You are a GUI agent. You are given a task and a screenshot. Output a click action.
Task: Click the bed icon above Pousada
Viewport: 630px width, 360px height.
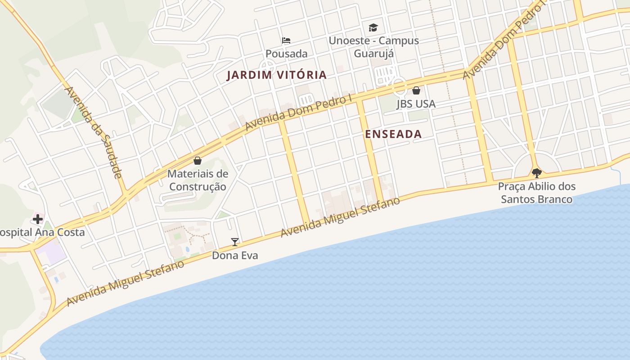[x=286, y=40]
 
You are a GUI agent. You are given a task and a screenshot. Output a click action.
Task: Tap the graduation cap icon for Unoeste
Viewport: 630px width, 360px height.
[x=373, y=28]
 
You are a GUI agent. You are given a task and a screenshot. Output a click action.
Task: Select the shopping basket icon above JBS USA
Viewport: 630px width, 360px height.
[x=416, y=90]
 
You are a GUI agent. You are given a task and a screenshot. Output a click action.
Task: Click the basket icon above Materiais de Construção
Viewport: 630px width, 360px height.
[x=197, y=161]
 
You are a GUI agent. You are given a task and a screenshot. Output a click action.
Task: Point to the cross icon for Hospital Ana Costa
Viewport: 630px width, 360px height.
[x=38, y=219]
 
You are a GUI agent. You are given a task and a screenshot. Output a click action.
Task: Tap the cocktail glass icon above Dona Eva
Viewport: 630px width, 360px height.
[x=235, y=242]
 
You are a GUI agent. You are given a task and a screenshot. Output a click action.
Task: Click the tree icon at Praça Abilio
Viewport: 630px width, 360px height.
[x=536, y=173]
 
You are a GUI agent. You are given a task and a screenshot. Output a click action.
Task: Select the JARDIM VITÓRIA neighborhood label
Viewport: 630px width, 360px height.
[x=276, y=75]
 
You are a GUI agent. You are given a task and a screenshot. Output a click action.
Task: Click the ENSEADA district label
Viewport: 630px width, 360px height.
[x=393, y=134]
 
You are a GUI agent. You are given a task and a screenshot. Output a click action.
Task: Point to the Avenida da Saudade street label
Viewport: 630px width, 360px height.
[x=94, y=132]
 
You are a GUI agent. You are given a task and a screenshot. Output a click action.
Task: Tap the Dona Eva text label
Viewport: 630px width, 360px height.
[x=235, y=256]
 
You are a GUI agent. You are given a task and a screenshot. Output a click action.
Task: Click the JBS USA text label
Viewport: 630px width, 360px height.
[x=416, y=104]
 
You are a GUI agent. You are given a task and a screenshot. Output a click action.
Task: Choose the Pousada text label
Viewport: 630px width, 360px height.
[x=286, y=54]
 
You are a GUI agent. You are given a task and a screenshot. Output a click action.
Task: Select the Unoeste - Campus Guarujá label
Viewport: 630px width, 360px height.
[x=373, y=47]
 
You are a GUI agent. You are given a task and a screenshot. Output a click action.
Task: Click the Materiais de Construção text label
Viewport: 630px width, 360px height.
[x=198, y=180]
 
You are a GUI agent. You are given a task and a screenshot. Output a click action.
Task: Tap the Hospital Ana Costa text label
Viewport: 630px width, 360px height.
[x=41, y=233]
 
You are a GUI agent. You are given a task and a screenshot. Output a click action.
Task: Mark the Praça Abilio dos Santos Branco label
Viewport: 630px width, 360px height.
[x=536, y=193]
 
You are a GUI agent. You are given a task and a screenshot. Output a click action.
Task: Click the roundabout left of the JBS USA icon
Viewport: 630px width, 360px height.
[x=399, y=85]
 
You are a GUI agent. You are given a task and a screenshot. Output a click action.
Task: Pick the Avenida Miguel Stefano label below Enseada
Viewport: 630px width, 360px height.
[x=340, y=217]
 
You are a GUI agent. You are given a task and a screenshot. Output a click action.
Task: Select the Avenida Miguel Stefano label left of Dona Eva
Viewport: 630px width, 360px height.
[x=125, y=283]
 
